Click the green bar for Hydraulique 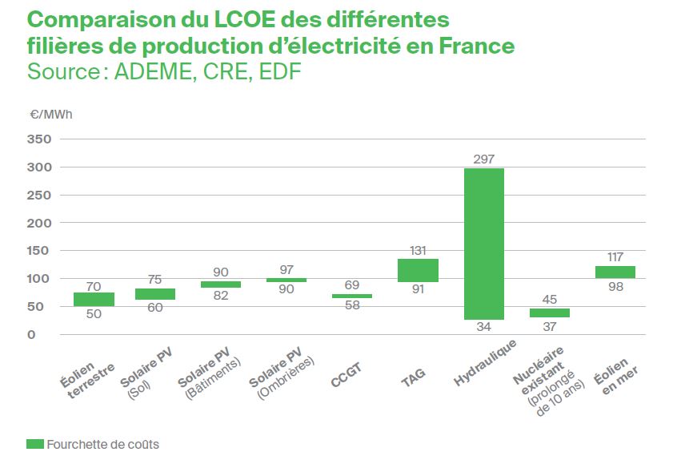click(484, 244)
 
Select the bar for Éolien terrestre click(94, 299)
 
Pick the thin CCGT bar click(352, 296)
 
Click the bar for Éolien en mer click(615, 272)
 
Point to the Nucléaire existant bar click(550, 313)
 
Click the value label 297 click(484, 159)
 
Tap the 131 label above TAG click(418, 249)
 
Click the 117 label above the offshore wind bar click(615, 257)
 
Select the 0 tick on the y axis click(46, 334)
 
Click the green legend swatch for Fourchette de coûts click(35, 443)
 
